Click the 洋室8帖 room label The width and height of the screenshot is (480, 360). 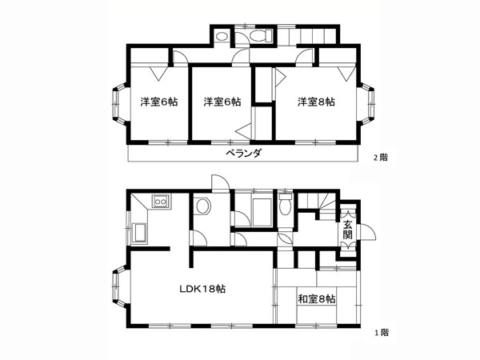[316, 102]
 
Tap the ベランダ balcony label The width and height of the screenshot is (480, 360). [244, 153]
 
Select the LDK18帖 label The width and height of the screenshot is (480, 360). [202, 289]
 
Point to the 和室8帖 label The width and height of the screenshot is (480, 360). [317, 298]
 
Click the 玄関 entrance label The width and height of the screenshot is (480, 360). [347, 230]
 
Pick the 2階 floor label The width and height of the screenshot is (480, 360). [380, 158]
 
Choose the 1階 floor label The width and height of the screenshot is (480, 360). [382, 333]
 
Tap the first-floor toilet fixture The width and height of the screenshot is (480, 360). [286, 204]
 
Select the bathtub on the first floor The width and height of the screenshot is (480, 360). [262, 213]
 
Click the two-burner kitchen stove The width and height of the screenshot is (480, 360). [161, 202]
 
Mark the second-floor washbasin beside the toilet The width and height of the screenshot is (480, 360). [222, 37]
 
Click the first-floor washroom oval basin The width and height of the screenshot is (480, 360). [203, 206]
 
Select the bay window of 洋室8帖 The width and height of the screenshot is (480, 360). [366, 104]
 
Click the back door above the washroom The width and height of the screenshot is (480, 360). [221, 183]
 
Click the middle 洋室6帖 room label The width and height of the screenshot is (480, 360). [222, 102]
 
